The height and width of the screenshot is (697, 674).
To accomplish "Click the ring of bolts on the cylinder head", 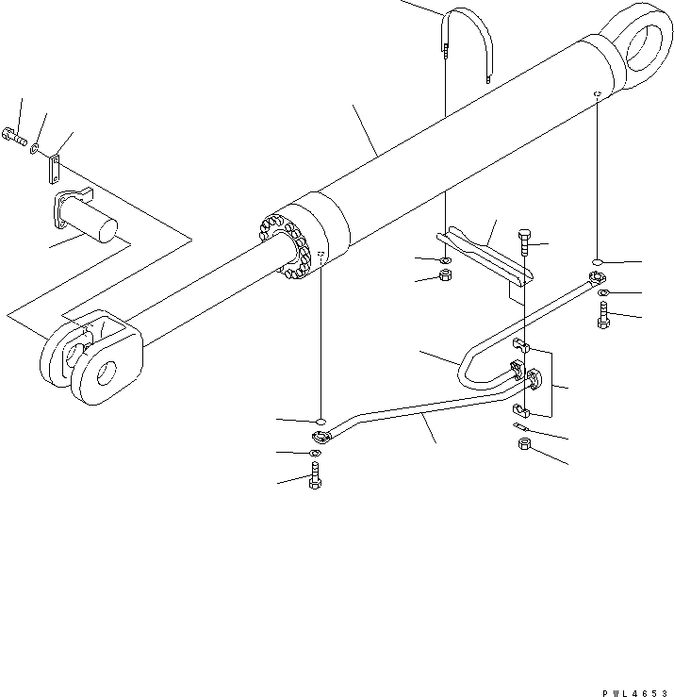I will point(287,246).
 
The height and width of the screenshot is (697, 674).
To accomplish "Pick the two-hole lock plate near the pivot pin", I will point(55,171).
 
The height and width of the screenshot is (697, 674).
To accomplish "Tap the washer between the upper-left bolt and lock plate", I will point(35,148).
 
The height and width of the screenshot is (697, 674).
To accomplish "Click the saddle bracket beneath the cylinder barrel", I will point(491,254).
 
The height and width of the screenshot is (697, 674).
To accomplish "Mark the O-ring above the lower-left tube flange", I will point(320,420).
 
